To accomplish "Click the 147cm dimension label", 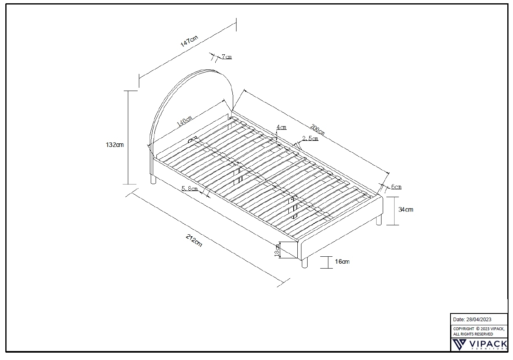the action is (x=189, y=41).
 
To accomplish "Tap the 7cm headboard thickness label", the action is (x=227, y=57).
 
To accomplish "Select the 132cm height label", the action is (x=114, y=145).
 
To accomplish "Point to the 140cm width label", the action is (x=184, y=121).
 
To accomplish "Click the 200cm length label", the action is (x=318, y=129).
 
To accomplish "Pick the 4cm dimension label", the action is (x=281, y=127).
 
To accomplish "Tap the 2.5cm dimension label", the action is (x=310, y=138).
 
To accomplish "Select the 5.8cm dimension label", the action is (x=190, y=189).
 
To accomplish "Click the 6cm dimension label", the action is (x=396, y=187).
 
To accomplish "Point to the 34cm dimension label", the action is (x=406, y=209).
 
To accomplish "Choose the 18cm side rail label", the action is (x=277, y=250).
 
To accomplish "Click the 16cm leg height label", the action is (x=342, y=262).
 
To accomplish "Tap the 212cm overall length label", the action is (x=194, y=240).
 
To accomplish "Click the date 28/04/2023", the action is (x=479, y=320).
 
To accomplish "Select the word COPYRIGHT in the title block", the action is (x=464, y=329).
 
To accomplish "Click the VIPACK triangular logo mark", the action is (x=459, y=345).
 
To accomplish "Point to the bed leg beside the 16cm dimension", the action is (x=305, y=263).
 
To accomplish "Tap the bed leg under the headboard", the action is (x=153, y=180).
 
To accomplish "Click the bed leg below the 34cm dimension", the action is (x=379, y=220).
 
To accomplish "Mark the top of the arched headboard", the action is (x=207, y=69).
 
